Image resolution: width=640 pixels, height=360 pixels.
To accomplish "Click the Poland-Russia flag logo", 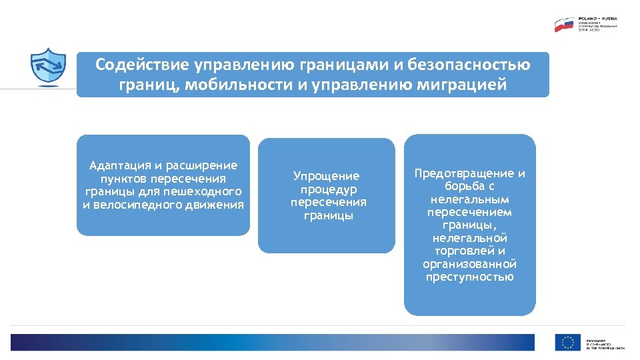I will pos(565,25).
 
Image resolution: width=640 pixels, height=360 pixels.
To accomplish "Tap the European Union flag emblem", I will pos(567,342).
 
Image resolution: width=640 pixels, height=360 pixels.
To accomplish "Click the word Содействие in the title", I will pos(142,65).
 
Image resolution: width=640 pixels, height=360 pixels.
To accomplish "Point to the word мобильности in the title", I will pos(235,85).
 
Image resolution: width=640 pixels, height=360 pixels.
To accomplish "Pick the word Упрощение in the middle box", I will pos(326,176).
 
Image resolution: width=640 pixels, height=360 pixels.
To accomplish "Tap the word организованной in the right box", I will pos(469,263).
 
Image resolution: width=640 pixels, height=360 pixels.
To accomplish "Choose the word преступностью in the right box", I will pos(469,277).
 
